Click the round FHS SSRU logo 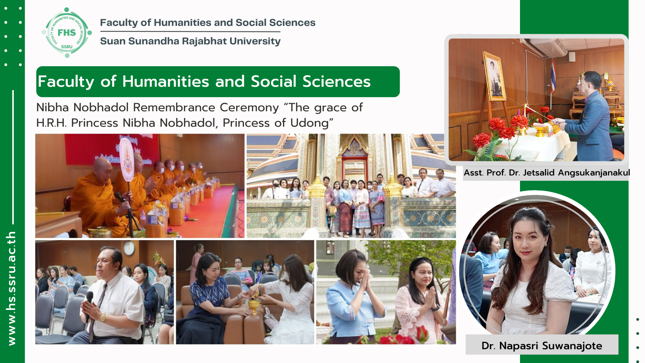point(67,33)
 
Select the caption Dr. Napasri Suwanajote point(542,346)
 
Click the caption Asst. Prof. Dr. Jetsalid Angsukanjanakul point(547,172)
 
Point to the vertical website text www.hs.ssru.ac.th point(11,288)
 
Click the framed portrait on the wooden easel point(494,76)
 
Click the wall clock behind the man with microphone point(129,248)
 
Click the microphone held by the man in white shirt point(89,302)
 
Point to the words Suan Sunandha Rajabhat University point(190,41)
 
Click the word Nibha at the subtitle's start point(52,108)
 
